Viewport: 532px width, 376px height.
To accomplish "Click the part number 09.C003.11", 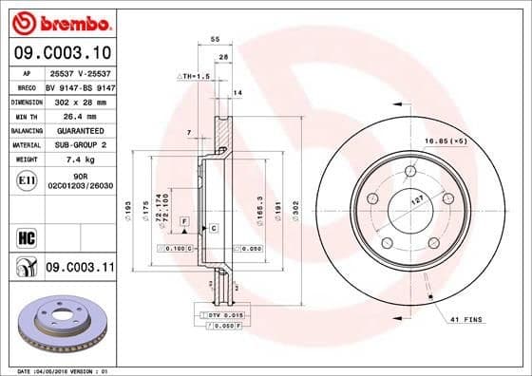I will pyautogui.click(x=80, y=270).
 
